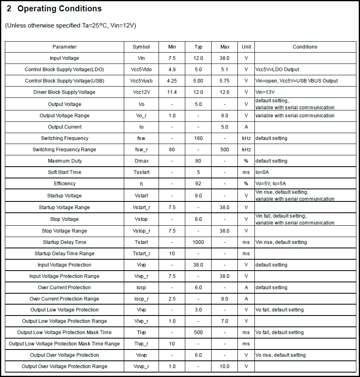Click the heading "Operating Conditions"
(59, 8)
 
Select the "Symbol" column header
(141, 47)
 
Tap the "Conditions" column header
(305, 47)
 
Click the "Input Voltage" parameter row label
(64, 58)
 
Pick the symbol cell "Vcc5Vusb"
(141, 81)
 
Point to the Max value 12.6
(224, 92)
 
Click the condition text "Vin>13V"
(265, 92)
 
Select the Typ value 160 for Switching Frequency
(198, 138)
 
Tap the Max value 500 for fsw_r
(224, 150)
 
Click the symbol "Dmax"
(141, 161)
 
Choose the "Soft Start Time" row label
(64, 172)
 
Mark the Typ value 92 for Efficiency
(198, 184)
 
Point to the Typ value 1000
(198, 242)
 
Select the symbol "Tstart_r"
(141, 254)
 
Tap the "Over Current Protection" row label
(64, 288)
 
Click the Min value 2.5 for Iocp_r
(172, 299)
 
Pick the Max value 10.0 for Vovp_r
(224, 366)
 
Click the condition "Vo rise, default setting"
(280, 355)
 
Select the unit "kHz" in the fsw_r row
(246, 150)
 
